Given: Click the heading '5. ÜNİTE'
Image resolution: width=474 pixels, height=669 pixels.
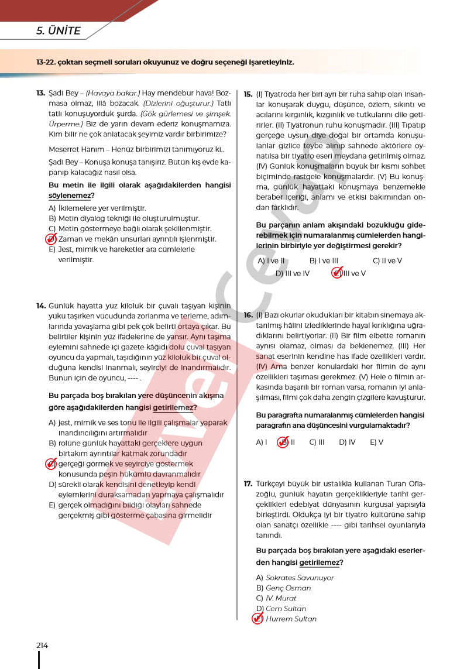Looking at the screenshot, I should tap(59, 32).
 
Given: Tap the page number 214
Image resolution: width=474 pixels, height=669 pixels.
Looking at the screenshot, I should tap(42, 645).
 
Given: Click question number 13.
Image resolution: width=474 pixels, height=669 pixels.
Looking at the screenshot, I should tap(40, 93).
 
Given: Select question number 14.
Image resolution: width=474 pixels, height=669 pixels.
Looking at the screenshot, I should tap(40, 306).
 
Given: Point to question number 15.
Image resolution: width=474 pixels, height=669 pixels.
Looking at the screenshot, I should tap(248, 93).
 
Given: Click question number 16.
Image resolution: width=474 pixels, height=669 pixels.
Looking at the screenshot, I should tap(248, 314).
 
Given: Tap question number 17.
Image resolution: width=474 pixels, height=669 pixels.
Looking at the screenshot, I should tap(248, 483).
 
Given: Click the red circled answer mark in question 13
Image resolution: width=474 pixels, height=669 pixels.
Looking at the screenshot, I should tap(51, 239).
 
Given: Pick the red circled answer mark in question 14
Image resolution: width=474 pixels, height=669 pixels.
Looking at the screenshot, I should tap(51, 464).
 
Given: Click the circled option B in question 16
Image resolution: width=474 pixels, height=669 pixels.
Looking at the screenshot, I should tap(284, 442).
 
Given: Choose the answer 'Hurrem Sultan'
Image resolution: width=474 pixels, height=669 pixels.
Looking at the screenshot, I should tap(290, 619).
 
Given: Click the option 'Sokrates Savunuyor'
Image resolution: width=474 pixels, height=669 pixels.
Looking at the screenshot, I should tap(299, 578).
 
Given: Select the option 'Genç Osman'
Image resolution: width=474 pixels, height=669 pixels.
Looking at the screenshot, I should tap(287, 588).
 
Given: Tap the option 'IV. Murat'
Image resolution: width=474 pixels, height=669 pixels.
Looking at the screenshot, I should tap(281, 598).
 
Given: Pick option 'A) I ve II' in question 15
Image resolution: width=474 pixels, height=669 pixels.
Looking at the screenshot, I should tap(271, 261).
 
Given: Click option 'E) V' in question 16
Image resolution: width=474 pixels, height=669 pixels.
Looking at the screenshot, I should tap(376, 442).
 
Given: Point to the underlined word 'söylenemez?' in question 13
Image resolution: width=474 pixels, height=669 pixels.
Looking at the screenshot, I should tap(71, 195).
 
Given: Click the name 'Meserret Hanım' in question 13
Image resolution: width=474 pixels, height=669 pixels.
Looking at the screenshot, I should tap(73, 149).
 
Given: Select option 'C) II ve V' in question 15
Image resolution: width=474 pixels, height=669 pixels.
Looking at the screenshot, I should tap(387, 261).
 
